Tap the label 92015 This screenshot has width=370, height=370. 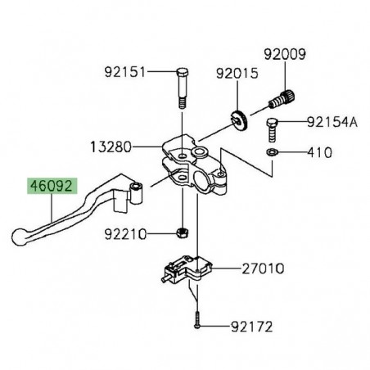click(x=237, y=74)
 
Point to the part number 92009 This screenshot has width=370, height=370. click(x=285, y=56)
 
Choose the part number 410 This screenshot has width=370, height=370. click(x=318, y=153)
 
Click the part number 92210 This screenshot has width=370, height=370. click(x=125, y=234)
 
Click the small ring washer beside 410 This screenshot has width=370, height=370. click(x=271, y=152)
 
